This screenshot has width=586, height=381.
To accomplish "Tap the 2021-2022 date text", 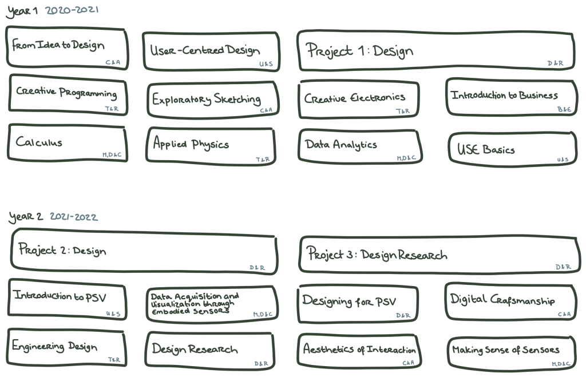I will tap(73, 217).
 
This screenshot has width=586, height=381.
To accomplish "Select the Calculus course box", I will tap(68, 143).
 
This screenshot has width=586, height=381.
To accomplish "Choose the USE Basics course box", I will tap(512, 149).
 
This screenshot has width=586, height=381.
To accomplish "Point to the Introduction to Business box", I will tap(511, 97).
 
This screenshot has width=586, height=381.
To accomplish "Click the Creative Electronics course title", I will tap(355, 98).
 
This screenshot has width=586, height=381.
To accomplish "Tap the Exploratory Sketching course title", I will tap(207, 99).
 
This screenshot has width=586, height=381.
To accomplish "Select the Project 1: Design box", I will tap(435, 51).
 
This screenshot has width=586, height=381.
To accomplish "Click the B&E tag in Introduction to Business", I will tap(563, 108).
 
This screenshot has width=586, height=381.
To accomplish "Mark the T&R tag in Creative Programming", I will tap(112, 108).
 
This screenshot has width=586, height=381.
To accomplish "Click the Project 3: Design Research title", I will tap(377, 255).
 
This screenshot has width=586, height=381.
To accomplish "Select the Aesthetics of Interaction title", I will tap(359, 349).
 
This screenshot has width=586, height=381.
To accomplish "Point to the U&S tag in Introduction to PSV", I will tap(113, 314).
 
